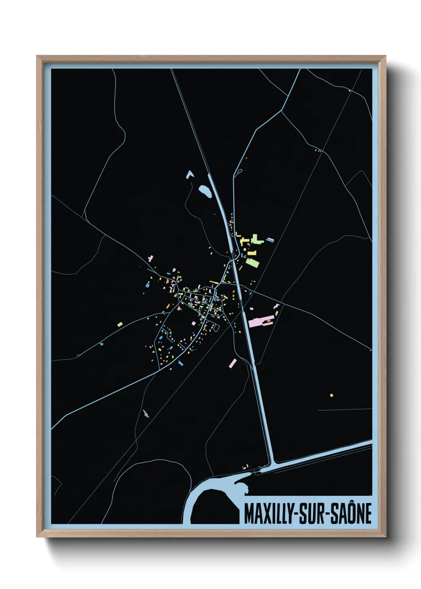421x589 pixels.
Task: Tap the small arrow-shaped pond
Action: point(189,174)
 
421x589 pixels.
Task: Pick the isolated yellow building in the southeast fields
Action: point(331,395)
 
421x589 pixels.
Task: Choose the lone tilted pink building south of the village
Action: point(233,363)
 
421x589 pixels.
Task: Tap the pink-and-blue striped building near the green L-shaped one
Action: point(270,240)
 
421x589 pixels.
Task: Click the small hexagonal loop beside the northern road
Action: point(239,172)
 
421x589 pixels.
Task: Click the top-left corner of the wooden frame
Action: point(37,56)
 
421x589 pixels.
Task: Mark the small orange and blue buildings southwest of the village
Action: point(146,413)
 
